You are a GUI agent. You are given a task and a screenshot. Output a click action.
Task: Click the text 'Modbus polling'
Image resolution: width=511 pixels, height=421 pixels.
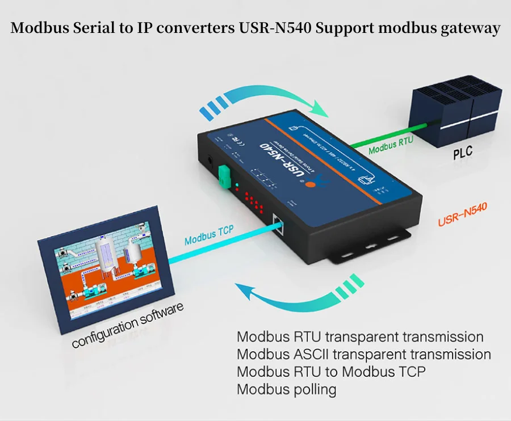pos(286,390)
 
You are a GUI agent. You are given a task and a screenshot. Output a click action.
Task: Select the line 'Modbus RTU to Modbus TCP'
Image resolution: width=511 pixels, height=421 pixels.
pos(331,372)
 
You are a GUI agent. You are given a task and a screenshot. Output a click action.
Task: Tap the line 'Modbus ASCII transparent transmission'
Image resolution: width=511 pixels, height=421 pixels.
pos(363,355)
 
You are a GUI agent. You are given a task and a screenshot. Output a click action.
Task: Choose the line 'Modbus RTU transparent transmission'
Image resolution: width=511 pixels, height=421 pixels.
pos(360,337)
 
